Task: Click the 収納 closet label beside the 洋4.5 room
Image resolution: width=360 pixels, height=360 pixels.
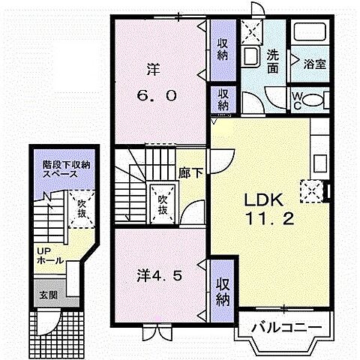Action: pyautogui.click(x=223, y=290)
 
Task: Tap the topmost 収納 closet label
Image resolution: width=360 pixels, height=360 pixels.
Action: pyautogui.click(x=223, y=49)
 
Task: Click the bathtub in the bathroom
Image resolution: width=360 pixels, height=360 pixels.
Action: pyautogui.click(x=310, y=34)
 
